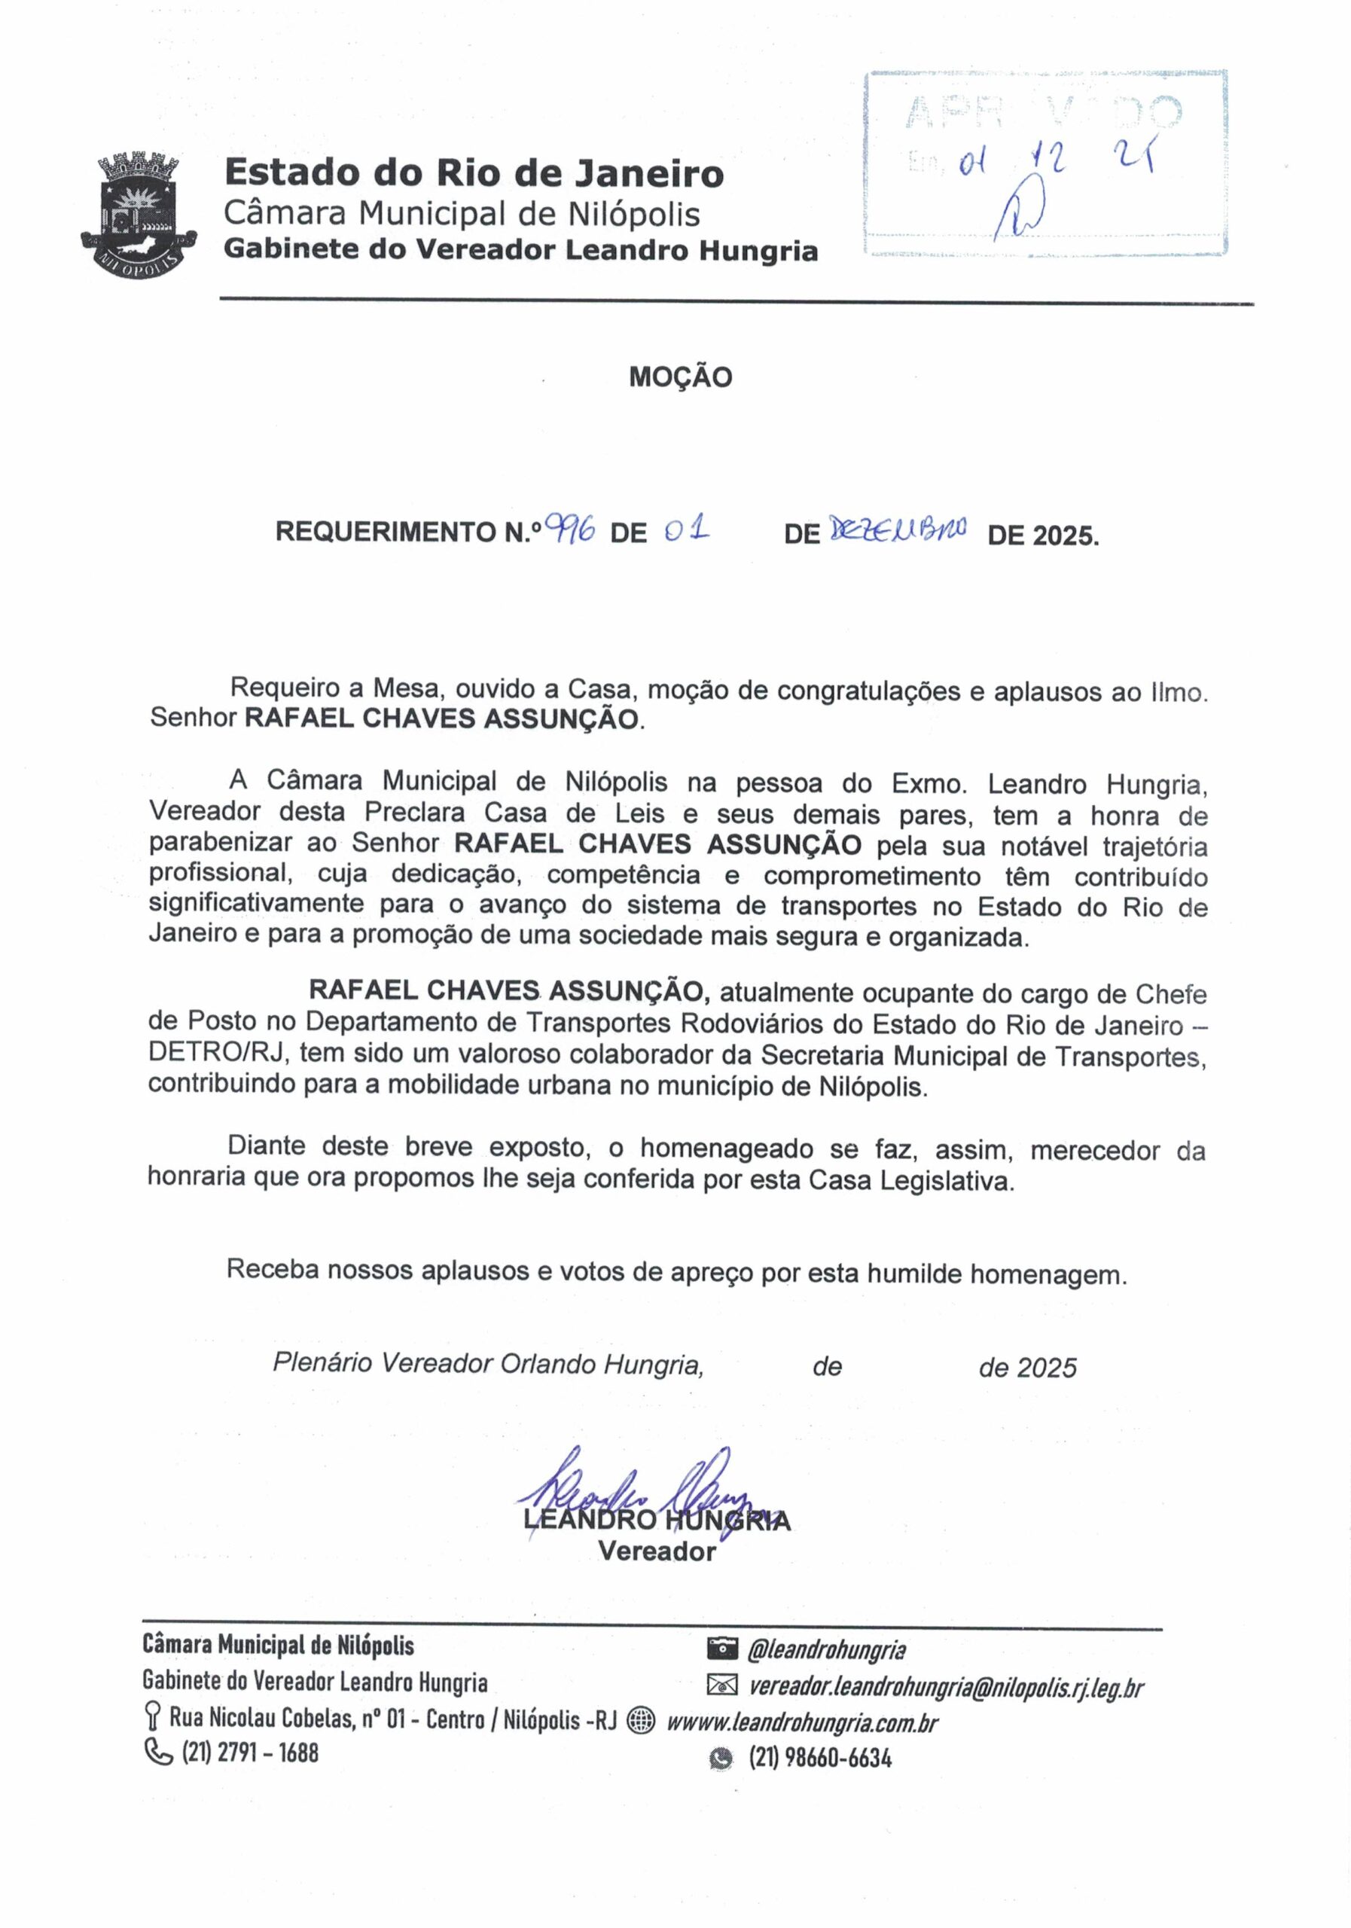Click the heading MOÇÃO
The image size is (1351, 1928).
(x=680, y=377)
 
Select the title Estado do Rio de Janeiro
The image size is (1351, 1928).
(x=474, y=173)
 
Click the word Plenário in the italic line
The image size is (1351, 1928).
(x=322, y=1363)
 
